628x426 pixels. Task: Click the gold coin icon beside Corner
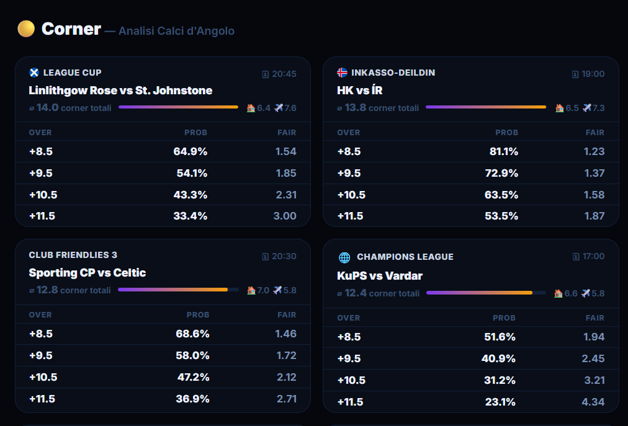[x=26, y=29]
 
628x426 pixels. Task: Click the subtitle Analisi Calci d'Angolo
[x=177, y=31]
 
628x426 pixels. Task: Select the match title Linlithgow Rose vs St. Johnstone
[x=120, y=91]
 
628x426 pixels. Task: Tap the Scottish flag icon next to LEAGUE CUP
[x=34, y=73]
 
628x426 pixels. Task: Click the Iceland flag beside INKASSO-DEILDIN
[x=342, y=73]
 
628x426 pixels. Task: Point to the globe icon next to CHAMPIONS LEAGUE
[x=344, y=257]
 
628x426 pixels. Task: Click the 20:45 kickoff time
[x=284, y=74]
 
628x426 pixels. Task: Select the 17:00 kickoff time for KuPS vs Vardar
[x=593, y=256]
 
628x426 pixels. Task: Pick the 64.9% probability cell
[x=191, y=151]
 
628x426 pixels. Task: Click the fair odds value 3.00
[x=285, y=216]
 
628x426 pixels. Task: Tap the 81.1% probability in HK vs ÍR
[x=504, y=151]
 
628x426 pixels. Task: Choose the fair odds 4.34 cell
[x=593, y=402]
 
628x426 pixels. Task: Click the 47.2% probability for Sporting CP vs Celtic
[x=194, y=377]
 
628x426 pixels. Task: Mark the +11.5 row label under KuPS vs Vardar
[x=351, y=402]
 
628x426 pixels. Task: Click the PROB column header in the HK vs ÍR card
[x=506, y=133]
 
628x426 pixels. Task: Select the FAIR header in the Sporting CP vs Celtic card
[x=287, y=315]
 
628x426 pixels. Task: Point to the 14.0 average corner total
[x=48, y=108]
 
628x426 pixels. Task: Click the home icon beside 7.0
[x=251, y=290]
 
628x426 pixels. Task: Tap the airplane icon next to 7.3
[x=587, y=108]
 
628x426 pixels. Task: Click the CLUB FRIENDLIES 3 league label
[x=73, y=255]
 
